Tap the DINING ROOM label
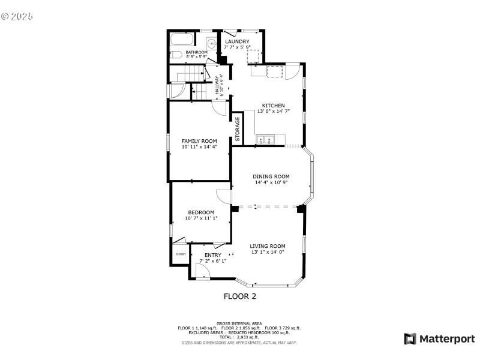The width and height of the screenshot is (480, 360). pos(271,176)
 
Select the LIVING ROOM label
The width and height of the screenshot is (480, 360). pos(268,246)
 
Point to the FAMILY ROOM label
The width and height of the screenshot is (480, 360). pos(199,141)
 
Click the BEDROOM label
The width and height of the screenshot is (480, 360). pos(200,212)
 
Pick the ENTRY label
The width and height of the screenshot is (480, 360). pos(212,255)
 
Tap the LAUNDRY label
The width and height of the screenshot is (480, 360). pos(237,41)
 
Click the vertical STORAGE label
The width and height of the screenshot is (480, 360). pos(238,129)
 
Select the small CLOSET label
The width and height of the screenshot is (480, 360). pos(181,254)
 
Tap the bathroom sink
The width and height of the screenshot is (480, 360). pos(211,43)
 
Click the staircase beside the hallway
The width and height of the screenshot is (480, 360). pos(185,74)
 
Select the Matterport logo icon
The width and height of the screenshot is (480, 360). pos(410,339)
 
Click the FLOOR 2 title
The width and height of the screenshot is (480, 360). pos(239,296)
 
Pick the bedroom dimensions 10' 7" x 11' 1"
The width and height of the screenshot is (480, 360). pos(201,218)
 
